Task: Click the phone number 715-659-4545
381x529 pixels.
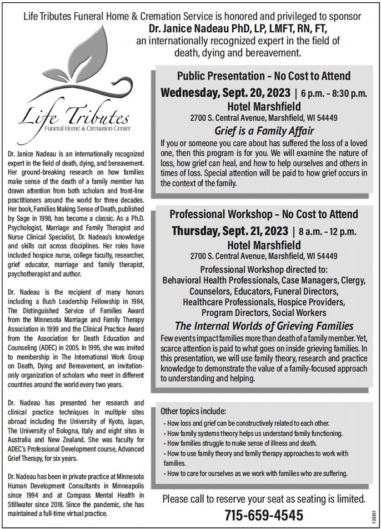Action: pyautogui.click(x=264, y=515)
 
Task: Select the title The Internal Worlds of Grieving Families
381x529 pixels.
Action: pyautogui.click(x=264, y=326)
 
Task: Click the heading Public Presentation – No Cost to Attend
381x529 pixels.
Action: pyautogui.click(x=264, y=76)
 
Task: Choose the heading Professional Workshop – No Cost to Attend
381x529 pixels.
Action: pyautogui.click(x=264, y=214)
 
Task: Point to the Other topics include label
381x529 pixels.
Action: pyautogui.click(x=193, y=411)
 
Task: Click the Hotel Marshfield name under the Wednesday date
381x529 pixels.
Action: pyautogui.click(x=264, y=106)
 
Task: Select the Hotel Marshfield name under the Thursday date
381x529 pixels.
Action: pyautogui.click(x=264, y=244)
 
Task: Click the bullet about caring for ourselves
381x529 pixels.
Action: pyautogui.click(x=257, y=473)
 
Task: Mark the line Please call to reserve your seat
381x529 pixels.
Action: pyautogui.click(x=264, y=498)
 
